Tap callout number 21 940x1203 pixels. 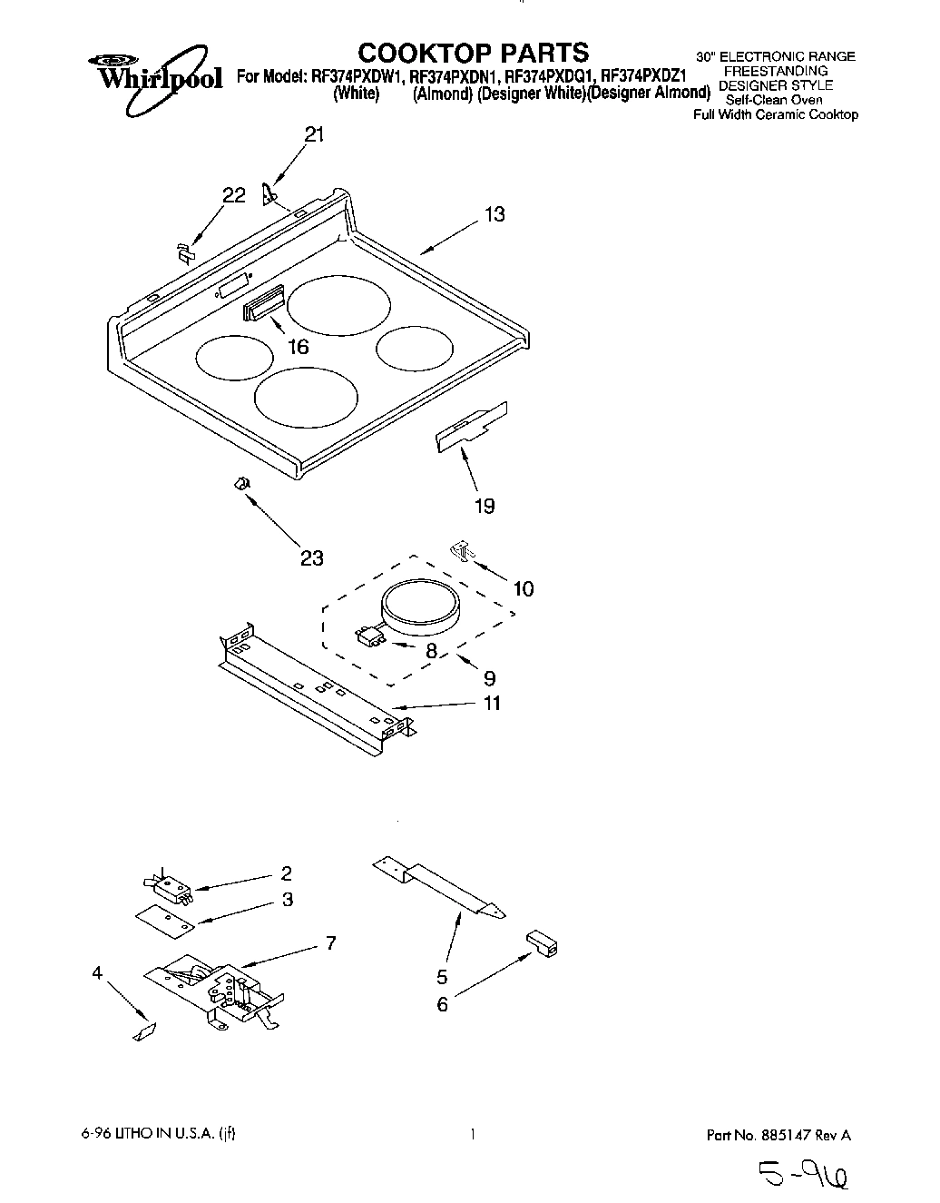(314, 135)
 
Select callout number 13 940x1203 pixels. (494, 215)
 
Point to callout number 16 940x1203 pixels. (298, 346)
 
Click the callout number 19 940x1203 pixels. (485, 506)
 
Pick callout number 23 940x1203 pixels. (311, 558)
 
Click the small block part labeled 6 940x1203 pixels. (542, 945)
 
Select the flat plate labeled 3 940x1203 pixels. (166, 918)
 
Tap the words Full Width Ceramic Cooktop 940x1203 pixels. (775, 114)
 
